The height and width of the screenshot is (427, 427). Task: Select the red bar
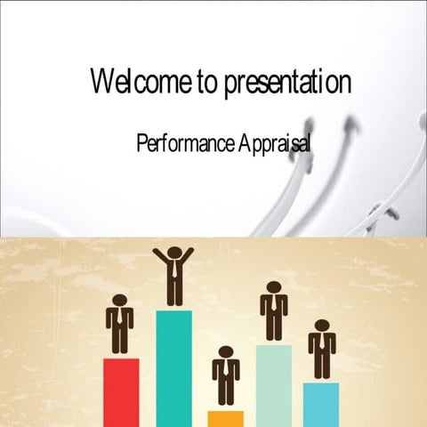point(121,391)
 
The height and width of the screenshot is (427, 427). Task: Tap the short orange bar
point(226,418)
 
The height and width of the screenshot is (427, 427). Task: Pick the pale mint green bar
point(274,384)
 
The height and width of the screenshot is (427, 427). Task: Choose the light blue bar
point(321,404)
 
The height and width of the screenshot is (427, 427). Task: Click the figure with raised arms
point(173,276)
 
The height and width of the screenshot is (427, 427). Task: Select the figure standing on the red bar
point(120,326)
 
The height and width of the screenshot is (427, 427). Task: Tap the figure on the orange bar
point(226,377)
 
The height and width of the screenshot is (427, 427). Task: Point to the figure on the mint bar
point(274,312)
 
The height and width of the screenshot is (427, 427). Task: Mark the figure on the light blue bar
point(322,350)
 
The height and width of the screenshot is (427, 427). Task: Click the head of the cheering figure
point(173,253)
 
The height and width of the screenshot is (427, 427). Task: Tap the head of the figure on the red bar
point(120,301)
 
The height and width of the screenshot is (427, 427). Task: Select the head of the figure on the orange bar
point(226,352)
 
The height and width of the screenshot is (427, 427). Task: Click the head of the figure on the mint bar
point(274,287)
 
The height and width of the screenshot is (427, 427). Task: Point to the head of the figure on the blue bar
point(322,326)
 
